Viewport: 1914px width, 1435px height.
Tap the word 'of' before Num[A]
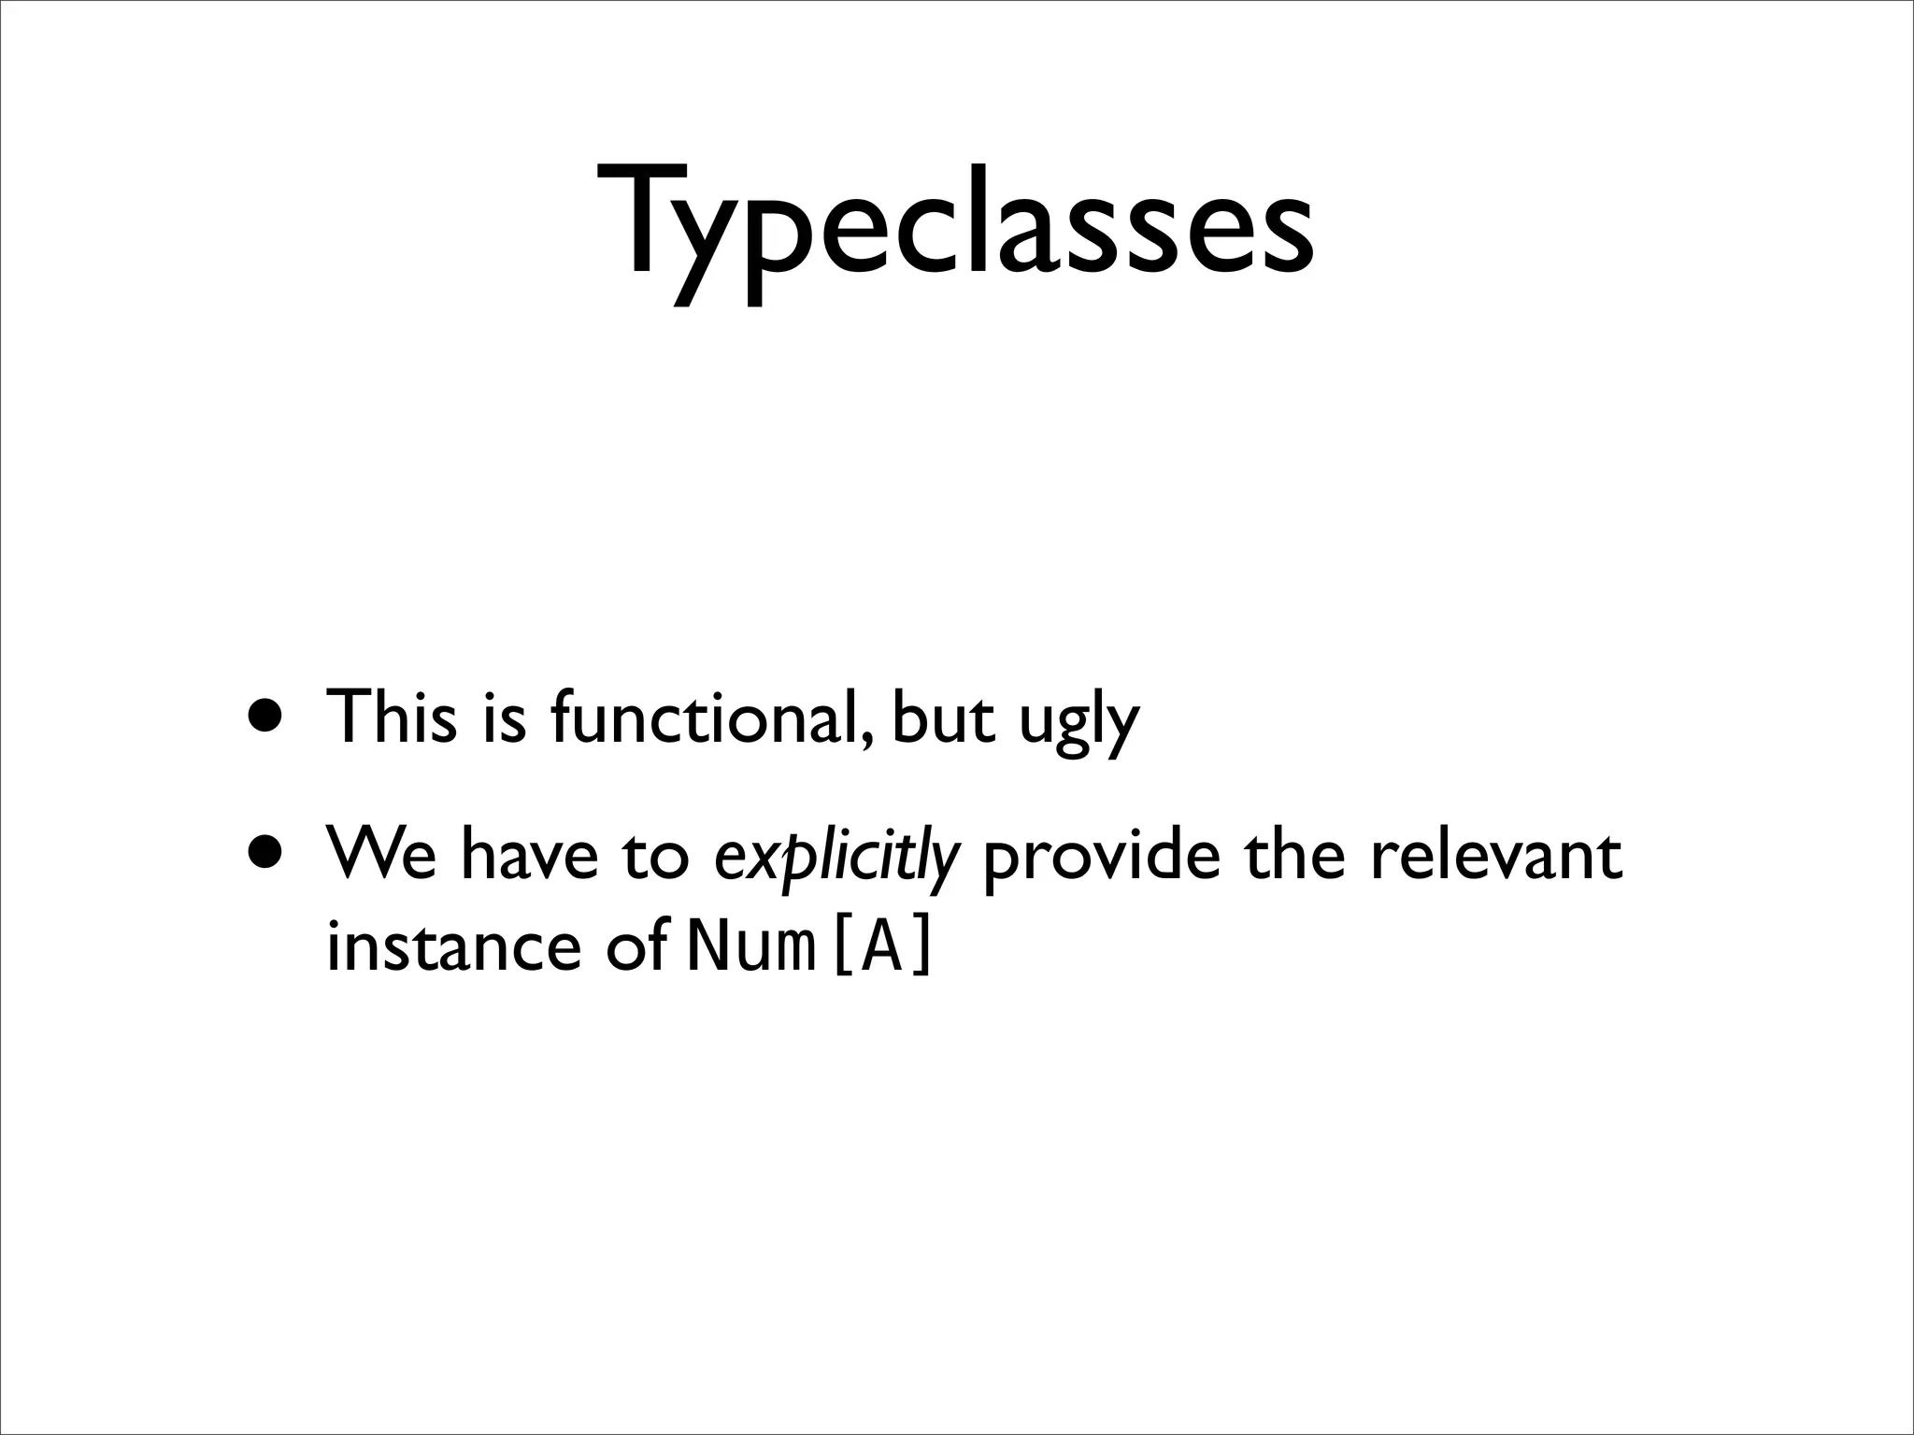pyautogui.click(x=636, y=945)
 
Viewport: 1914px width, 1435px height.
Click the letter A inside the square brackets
pyautogui.click(x=880, y=947)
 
